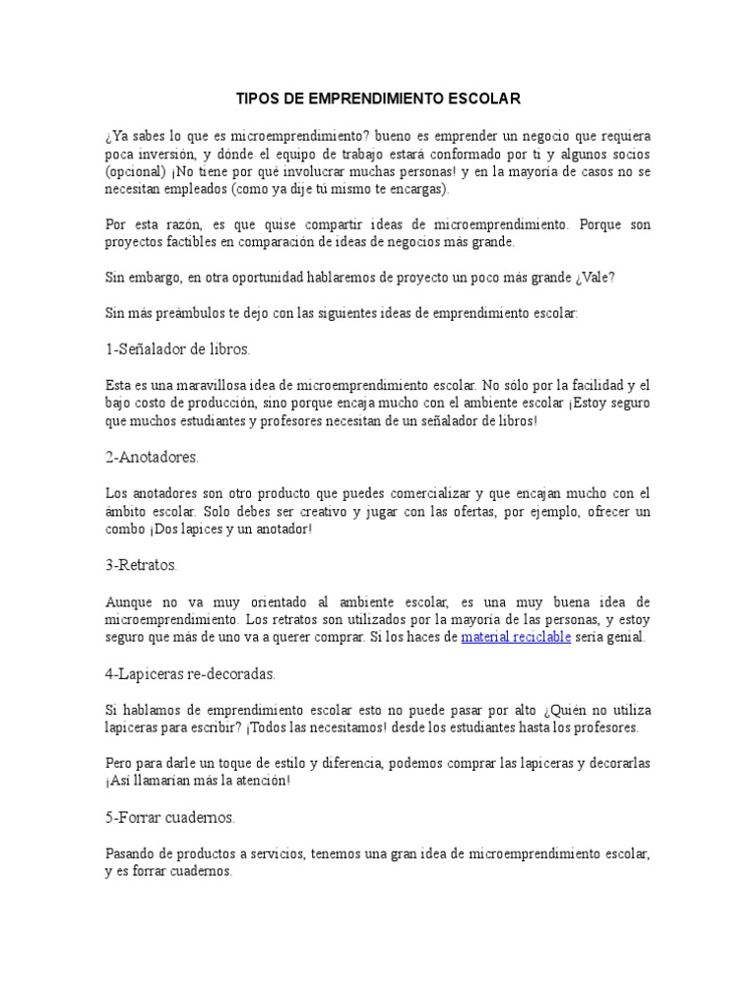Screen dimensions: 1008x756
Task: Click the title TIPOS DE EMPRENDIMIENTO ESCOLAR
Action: click(x=378, y=99)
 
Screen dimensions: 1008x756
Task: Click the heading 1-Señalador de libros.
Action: click(x=177, y=349)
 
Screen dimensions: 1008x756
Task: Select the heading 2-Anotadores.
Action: click(x=152, y=458)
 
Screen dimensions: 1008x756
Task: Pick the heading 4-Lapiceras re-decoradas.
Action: click(x=190, y=674)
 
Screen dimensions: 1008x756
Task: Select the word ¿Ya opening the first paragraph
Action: click(x=116, y=135)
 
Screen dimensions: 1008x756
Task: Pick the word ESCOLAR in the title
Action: click(x=482, y=99)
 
